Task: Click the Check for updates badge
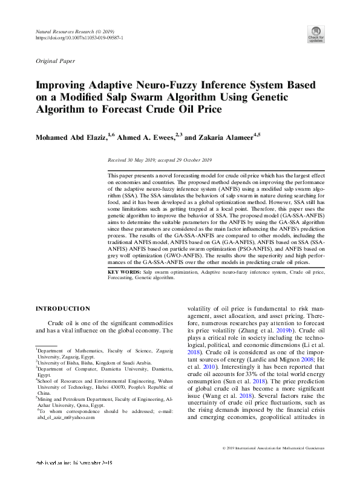click(x=316, y=34)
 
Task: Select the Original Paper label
click(x=56, y=61)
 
